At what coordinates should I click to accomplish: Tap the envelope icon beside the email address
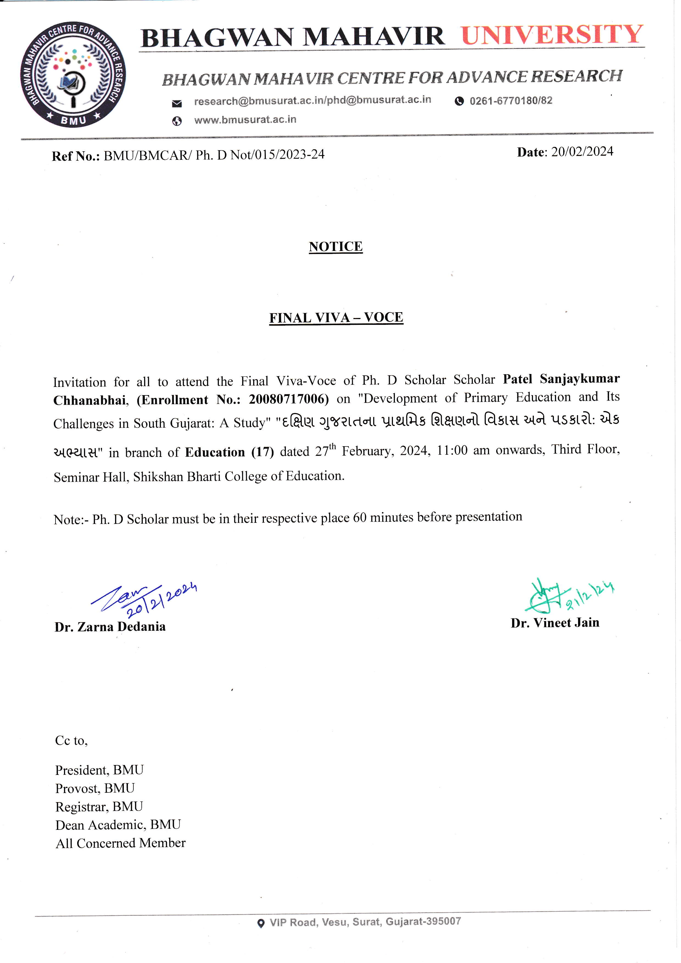[x=177, y=103]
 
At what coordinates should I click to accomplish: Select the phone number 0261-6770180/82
[x=511, y=101]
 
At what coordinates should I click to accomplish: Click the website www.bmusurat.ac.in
[x=245, y=120]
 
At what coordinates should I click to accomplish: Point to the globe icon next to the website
[x=177, y=121]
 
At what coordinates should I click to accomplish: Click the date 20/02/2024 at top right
[x=582, y=152]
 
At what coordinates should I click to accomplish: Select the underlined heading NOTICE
[x=336, y=247]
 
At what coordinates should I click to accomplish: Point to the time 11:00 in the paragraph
[x=452, y=450]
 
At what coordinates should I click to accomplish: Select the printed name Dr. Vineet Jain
[x=555, y=623]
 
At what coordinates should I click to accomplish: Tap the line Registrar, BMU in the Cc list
[x=99, y=806]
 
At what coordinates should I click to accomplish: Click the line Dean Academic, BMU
[x=118, y=825]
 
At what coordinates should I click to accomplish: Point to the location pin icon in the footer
[x=261, y=923]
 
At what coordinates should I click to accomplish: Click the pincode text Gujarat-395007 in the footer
[x=423, y=922]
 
